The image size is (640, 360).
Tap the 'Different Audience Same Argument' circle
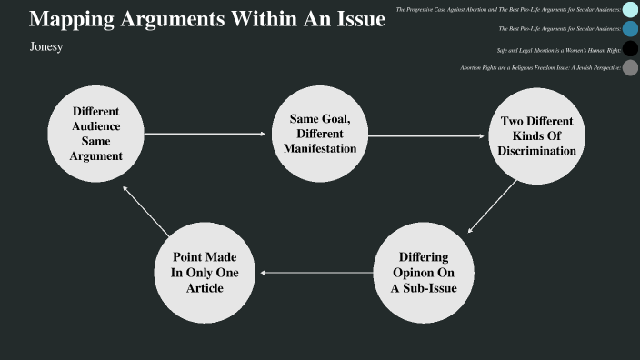coord(96,134)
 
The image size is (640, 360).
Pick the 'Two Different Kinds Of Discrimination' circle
coord(536,135)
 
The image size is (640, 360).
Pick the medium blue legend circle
coord(630,29)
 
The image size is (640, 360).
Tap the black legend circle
coord(630,48)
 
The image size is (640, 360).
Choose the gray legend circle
coord(630,68)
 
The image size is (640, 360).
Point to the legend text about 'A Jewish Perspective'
coord(540,68)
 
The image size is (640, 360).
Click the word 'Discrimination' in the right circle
coord(536,151)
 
